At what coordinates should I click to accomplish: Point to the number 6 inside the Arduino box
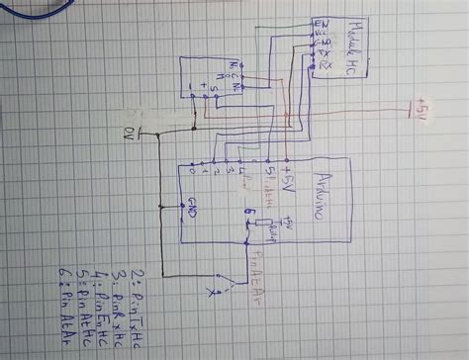(248, 213)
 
